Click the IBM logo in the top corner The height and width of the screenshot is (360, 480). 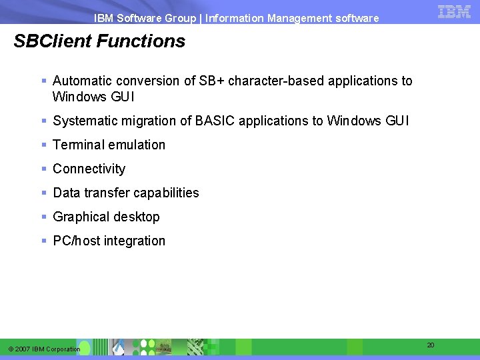click(x=454, y=11)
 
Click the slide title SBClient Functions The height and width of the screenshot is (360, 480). click(x=99, y=41)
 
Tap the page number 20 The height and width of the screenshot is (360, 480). click(x=431, y=345)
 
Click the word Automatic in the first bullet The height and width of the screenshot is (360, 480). click(x=81, y=81)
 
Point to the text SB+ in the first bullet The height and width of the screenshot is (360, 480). click(x=213, y=81)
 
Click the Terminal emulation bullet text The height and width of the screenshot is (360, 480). click(x=109, y=145)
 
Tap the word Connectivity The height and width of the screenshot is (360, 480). click(x=89, y=169)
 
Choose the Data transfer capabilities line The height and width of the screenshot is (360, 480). click(x=125, y=193)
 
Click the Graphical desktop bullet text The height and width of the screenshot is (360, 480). click(x=106, y=217)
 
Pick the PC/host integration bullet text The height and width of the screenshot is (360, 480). click(x=109, y=241)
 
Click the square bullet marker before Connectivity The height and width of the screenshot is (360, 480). click(x=43, y=169)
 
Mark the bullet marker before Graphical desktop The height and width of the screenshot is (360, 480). click(x=43, y=217)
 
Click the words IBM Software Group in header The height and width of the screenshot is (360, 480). click(x=145, y=19)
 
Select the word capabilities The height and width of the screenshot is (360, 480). click(x=168, y=193)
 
